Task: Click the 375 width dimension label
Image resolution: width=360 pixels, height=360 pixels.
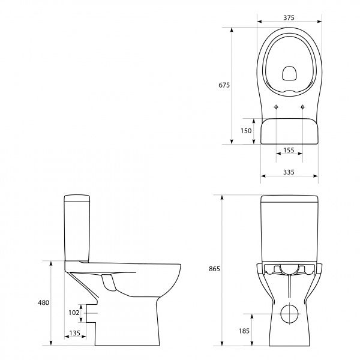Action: coord(289,18)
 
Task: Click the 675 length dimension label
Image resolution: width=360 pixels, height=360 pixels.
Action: coord(224,85)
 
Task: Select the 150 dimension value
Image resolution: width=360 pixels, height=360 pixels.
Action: coord(245,131)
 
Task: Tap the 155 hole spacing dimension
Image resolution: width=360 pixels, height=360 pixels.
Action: coord(289,151)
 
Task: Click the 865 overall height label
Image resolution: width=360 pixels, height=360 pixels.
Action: coord(215,269)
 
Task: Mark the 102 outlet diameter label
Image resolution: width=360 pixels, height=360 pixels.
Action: coord(73,312)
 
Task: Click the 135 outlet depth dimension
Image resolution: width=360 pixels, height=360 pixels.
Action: coord(75,332)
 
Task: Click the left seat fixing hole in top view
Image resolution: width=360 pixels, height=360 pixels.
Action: coord(275,107)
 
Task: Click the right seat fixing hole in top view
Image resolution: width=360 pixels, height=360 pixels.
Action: coord(303,107)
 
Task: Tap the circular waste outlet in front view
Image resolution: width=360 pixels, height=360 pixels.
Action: coord(289,313)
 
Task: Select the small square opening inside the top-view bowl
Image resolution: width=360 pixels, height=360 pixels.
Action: coord(289,73)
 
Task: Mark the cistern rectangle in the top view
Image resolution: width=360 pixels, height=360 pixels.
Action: coord(289,131)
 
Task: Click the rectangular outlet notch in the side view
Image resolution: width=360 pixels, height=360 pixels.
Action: coord(91,312)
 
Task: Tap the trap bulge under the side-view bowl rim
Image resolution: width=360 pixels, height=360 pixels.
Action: coord(109,281)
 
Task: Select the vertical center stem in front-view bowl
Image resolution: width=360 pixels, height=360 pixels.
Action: coord(289,288)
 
